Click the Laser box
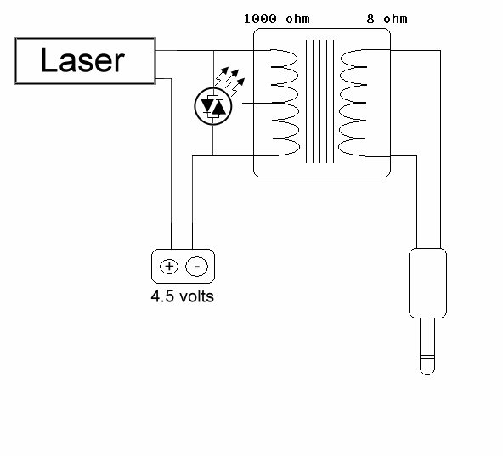coord(85,61)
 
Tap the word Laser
coord(83,61)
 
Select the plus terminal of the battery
coord(169,267)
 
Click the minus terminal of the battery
coord(197,267)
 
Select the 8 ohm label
coord(375,18)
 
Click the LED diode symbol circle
coord(212,104)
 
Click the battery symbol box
coord(183,267)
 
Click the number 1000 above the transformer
coord(258,18)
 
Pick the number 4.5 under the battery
coord(161,297)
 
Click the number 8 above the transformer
coord(359,18)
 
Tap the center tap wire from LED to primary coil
coord(256,104)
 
